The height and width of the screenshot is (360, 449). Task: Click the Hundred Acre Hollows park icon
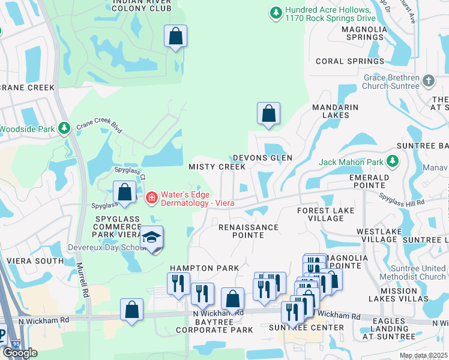point(276,11)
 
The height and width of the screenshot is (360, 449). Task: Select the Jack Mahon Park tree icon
point(393,161)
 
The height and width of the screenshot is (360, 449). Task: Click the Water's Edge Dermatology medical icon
point(151,197)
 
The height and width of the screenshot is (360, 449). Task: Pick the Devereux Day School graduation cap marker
point(151,238)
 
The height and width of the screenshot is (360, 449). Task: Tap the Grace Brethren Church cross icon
point(429,80)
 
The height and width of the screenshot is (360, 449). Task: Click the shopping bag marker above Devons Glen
point(268,113)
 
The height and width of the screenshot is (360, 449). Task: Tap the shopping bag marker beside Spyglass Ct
point(125,193)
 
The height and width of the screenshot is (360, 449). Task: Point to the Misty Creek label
point(209,166)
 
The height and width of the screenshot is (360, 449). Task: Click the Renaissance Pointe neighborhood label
point(249,231)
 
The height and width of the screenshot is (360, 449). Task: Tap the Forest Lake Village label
point(329,214)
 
